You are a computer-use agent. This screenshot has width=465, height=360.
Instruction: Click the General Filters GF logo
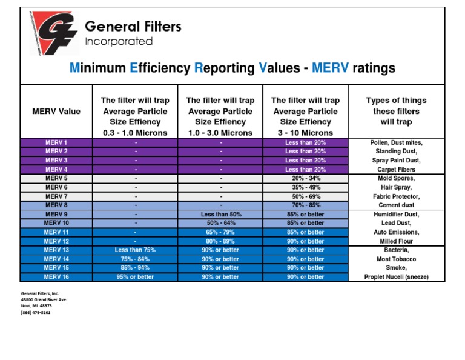[x=53, y=34]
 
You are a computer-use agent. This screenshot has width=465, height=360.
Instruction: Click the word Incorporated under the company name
[x=119, y=42]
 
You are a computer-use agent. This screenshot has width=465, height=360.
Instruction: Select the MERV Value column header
[x=56, y=112]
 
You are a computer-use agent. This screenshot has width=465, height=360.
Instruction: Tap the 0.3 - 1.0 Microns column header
[x=136, y=116]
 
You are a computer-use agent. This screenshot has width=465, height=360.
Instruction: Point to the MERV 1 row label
[x=56, y=142]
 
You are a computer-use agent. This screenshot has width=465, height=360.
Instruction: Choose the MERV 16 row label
[x=56, y=277]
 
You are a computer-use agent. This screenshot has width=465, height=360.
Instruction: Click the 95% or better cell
[x=136, y=277]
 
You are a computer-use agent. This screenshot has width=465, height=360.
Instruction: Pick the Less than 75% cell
[x=136, y=250]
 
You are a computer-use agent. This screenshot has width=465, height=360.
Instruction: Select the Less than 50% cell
[x=220, y=215]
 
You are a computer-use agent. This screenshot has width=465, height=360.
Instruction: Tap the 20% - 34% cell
[x=305, y=179]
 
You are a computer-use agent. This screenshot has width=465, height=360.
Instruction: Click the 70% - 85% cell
[x=305, y=205]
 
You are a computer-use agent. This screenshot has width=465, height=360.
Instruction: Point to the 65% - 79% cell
[x=220, y=232]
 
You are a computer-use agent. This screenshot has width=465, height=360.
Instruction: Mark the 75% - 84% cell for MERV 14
[x=136, y=259]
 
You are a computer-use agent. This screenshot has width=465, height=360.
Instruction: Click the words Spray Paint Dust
[x=396, y=161]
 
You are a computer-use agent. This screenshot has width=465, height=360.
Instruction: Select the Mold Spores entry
[x=396, y=179]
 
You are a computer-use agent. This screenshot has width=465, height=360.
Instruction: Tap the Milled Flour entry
[x=396, y=241]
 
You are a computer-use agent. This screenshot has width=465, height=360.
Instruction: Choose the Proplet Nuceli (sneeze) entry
[x=396, y=277]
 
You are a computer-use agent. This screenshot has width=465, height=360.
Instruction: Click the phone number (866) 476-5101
[x=36, y=313]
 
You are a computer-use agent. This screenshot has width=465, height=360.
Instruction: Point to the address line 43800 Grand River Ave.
[x=44, y=299]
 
